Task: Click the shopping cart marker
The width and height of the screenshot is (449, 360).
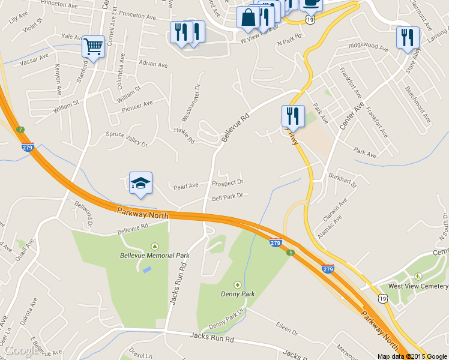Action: pyautogui.click(x=93, y=46)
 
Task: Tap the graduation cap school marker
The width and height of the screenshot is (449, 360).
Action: pyautogui.click(x=141, y=183)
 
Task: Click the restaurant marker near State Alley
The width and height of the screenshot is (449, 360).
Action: pyautogui.click(x=408, y=37)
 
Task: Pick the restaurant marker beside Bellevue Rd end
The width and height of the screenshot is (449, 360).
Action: pyautogui.click(x=292, y=115)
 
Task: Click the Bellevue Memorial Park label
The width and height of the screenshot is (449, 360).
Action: pyautogui.click(x=154, y=255)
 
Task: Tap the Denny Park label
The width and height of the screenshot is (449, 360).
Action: pyautogui.click(x=238, y=294)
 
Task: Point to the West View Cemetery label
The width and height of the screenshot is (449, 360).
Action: pyautogui.click(x=418, y=286)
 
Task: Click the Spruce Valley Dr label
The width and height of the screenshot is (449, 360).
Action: pyautogui.click(x=127, y=139)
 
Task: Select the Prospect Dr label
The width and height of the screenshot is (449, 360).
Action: pyautogui.click(x=228, y=182)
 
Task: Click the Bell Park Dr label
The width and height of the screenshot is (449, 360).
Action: pyautogui.click(x=227, y=197)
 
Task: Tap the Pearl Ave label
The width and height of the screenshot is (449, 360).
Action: pyautogui.click(x=186, y=186)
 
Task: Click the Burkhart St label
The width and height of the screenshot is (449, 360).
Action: pyautogui.click(x=343, y=178)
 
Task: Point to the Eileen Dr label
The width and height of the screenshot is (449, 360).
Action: pyautogui.click(x=287, y=331)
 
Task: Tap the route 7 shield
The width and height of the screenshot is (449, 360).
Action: pyautogui.click(x=20, y=130)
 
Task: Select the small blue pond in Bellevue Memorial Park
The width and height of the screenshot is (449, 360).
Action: pyautogui.click(x=147, y=269)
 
